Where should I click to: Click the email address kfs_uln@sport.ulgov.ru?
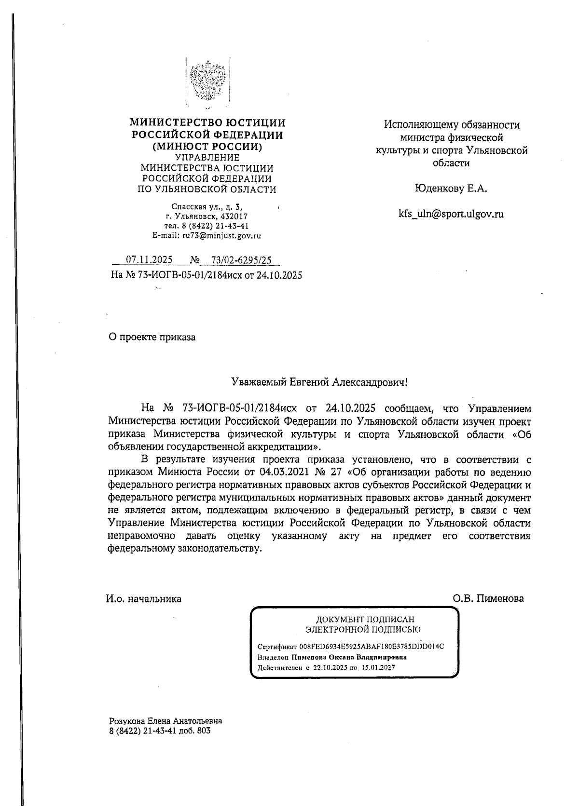click(x=451, y=214)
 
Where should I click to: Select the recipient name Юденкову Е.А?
click(x=451, y=189)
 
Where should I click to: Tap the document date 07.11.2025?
click(x=149, y=260)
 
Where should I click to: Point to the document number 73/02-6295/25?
click(x=238, y=260)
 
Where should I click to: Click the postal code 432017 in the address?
click(x=234, y=217)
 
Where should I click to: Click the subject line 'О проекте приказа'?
click(x=152, y=337)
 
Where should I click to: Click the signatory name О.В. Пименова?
click(x=488, y=599)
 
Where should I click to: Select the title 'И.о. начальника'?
click(x=144, y=599)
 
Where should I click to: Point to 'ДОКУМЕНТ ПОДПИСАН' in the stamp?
click(x=364, y=619)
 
